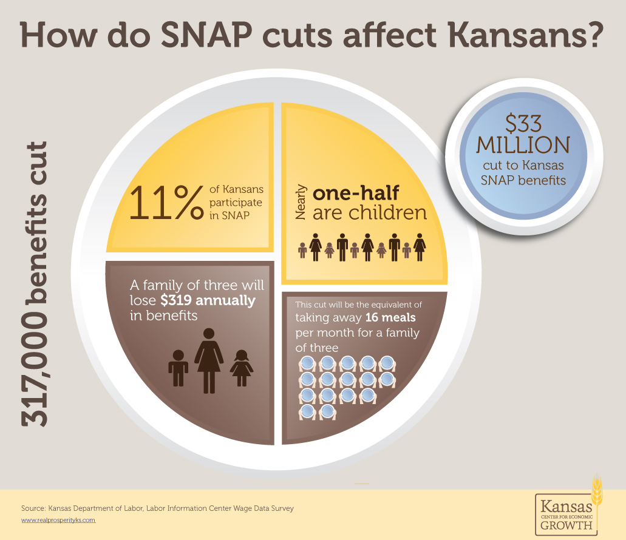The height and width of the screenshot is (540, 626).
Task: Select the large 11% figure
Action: pos(165,203)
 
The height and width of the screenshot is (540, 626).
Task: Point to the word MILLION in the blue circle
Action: pos(523,145)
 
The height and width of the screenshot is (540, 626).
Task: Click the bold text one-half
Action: pos(355,194)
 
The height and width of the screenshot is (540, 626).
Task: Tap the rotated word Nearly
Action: pos(300,203)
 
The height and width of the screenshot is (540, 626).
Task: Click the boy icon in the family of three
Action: pos(178,368)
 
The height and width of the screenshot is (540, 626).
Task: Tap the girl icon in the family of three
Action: pos(242,368)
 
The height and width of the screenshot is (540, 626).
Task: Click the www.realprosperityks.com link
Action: pos(58,521)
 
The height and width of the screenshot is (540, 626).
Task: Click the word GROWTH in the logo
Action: pos(564,525)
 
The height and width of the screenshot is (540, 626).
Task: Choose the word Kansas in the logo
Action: pos(562,505)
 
